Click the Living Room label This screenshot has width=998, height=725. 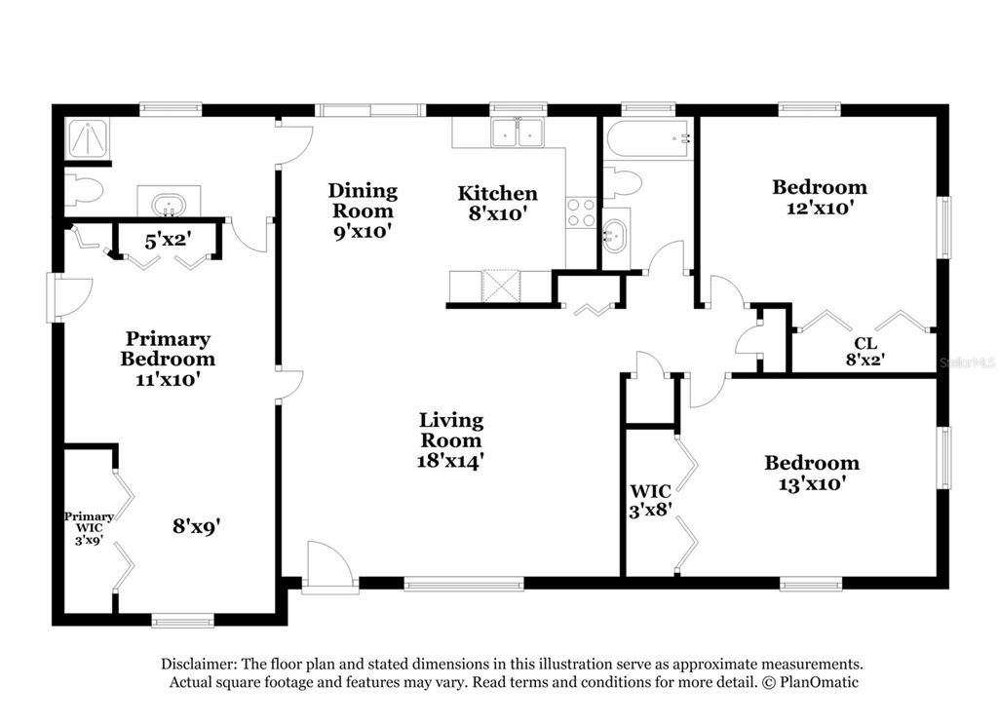click(451, 439)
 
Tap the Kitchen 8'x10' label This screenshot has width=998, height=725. click(498, 203)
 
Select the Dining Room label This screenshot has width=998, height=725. click(363, 210)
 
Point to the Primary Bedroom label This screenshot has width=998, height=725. click(168, 359)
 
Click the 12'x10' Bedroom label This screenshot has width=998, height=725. click(820, 197)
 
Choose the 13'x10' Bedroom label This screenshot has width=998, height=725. click(812, 473)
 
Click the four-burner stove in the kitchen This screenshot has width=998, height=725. click(581, 213)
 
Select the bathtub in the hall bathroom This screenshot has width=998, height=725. click(647, 138)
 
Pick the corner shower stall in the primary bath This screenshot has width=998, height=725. click(87, 137)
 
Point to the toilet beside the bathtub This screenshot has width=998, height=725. click(621, 183)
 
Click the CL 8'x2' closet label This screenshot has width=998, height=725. click(865, 352)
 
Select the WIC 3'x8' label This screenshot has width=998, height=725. click(651, 500)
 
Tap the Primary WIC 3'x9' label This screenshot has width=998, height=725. click(89, 528)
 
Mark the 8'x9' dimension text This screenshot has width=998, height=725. click(197, 526)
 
